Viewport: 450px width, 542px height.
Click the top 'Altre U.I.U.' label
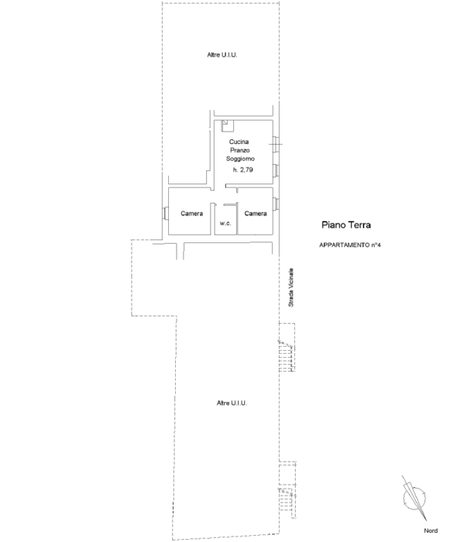[222, 55]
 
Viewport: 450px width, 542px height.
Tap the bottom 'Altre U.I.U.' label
[232, 403]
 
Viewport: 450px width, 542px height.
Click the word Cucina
[239, 142]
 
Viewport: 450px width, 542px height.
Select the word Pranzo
[240, 150]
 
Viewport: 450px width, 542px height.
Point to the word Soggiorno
[240, 159]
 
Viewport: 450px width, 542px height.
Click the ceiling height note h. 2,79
[242, 170]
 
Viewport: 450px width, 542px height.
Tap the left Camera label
[191, 214]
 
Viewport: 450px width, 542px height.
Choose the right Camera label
[256, 214]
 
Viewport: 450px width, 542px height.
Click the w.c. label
[225, 223]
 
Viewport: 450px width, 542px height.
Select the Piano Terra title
[346, 225]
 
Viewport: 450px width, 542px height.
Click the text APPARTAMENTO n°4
[350, 245]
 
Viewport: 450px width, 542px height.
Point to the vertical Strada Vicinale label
[291, 287]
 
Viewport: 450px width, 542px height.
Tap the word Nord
[431, 530]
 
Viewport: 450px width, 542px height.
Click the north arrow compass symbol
[414, 498]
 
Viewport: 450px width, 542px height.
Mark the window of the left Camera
[165, 213]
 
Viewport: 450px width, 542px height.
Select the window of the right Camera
[276, 204]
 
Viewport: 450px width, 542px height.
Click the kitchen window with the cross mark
[276, 144]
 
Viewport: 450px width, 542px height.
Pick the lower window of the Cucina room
[276, 170]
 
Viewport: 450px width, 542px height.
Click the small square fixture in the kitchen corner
[228, 125]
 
